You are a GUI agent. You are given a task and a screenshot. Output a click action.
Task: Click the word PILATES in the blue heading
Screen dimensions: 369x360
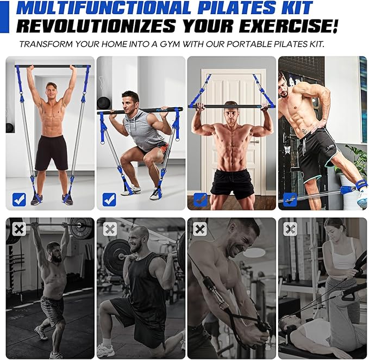[x=236, y=8]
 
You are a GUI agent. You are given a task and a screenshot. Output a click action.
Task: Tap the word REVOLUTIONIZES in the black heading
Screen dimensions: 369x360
[x=96, y=26]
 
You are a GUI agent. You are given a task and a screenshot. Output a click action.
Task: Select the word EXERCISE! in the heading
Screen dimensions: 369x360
[x=290, y=26]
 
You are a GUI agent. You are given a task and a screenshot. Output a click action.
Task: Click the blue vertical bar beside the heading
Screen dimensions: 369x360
[x=4, y=16]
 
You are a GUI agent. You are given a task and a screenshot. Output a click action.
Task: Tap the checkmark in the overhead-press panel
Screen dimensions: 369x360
[x=19, y=200]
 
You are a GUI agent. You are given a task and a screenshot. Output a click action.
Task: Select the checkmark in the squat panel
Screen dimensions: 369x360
[x=109, y=200]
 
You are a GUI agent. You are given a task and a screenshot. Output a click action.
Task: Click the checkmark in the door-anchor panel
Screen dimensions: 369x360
[x=200, y=200]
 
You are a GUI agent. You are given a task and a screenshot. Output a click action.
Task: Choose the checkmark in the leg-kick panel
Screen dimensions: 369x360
[x=290, y=200]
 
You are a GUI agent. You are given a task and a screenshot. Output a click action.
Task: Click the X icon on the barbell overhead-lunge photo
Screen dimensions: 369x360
[x=19, y=229]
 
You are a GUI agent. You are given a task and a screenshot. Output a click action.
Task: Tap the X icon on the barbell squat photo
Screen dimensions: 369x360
[x=110, y=229]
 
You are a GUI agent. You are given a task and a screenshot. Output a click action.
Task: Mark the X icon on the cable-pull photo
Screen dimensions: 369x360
[x=200, y=229]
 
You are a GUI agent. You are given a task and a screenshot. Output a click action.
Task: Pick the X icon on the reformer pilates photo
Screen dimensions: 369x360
[x=290, y=229]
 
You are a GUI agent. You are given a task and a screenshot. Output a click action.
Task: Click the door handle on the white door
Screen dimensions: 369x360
[x=255, y=142]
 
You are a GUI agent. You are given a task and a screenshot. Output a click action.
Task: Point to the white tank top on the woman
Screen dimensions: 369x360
[x=342, y=253]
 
